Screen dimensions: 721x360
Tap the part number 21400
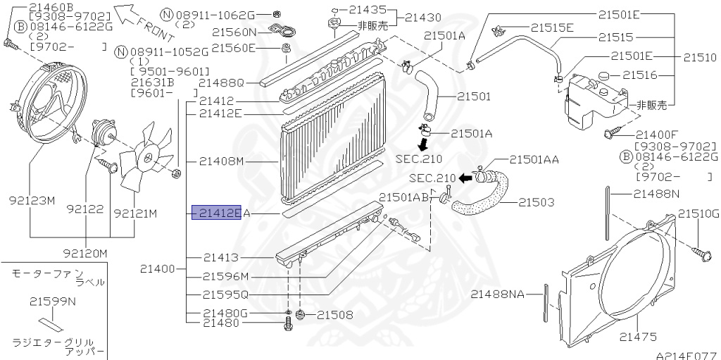click(x=157, y=268)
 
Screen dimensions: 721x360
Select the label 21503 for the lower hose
click(x=537, y=202)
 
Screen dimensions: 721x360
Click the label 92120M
click(x=85, y=254)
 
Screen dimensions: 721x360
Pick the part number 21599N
click(x=53, y=302)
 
